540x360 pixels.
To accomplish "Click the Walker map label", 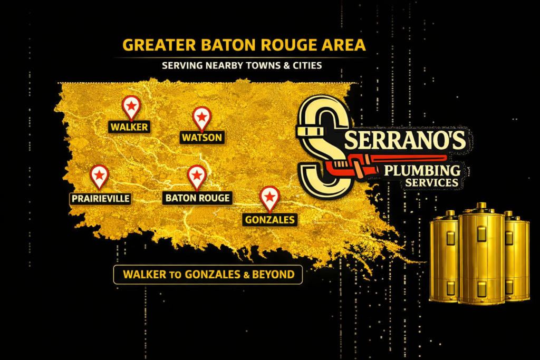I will point(129,127).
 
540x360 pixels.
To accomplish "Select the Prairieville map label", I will point(100,199).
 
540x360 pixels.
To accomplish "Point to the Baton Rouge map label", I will point(197,198).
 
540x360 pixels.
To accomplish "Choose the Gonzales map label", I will point(270,220).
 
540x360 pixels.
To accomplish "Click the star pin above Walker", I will point(131,107).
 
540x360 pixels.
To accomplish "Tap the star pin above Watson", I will point(201,117).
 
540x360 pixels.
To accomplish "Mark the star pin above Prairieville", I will point(99,176).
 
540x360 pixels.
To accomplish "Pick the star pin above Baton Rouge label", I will point(197,176).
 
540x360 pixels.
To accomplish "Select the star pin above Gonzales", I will point(269,197).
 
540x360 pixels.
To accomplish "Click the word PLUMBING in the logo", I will point(422,170).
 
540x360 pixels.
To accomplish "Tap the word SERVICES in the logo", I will point(432,183).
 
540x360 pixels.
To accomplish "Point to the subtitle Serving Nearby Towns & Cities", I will point(242,66).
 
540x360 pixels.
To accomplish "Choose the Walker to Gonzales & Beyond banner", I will point(208,275).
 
